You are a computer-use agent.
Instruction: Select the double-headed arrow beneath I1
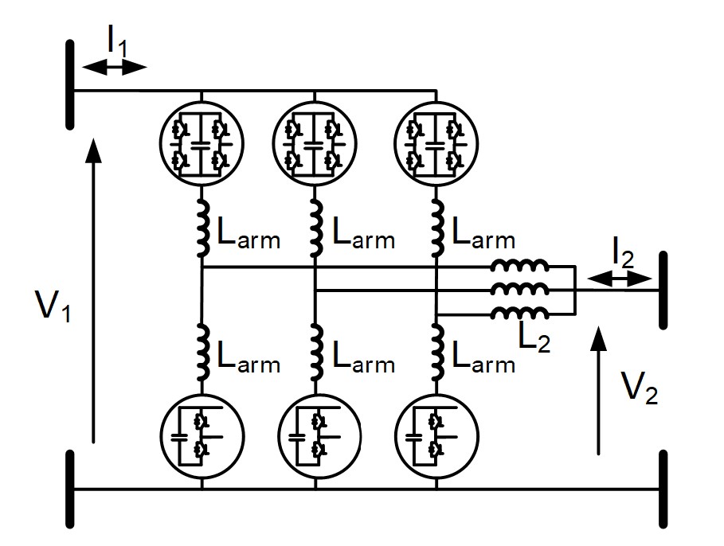[x=115, y=68]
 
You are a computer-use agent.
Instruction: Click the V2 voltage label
[x=641, y=388]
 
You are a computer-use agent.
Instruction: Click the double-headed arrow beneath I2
[x=620, y=278]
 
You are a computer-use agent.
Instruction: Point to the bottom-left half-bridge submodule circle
[x=202, y=437]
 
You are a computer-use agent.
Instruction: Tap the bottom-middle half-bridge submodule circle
[x=315, y=437]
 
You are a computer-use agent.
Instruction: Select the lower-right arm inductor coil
[x=438, y=350]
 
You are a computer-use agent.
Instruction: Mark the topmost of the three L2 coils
[x=519, y=267]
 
